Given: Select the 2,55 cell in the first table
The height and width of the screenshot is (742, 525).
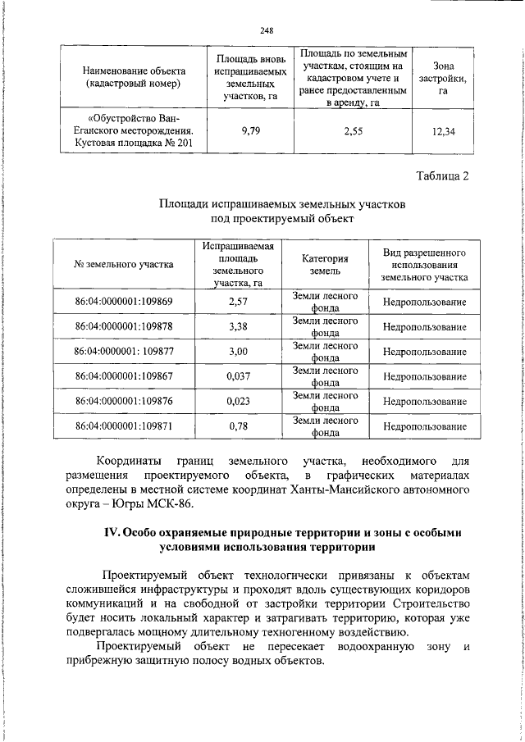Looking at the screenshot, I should click(x=353, y=129).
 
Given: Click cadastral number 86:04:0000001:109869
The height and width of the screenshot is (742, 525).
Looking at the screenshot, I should click(x=124, y=302).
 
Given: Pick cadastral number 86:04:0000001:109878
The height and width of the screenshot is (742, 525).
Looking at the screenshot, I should click(x=124, y=326).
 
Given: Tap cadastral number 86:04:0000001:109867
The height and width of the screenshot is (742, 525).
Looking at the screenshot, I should click(x=124, y=376).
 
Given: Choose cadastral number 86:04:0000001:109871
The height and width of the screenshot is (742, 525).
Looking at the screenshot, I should click(x=124, y=426).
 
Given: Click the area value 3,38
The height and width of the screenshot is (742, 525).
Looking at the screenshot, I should click(x=237, y=326).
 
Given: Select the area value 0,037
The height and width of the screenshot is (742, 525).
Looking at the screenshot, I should click(x=237, y=376).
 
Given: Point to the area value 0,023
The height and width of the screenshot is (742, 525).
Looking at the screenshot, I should click(x=237, y=402).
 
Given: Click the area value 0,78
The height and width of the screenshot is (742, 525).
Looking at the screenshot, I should click(x=237, y=426).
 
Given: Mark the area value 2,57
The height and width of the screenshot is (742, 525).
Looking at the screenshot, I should click(x=237, y=302).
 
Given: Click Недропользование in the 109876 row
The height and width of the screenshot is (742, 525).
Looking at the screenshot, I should click(x=424, y=402).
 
